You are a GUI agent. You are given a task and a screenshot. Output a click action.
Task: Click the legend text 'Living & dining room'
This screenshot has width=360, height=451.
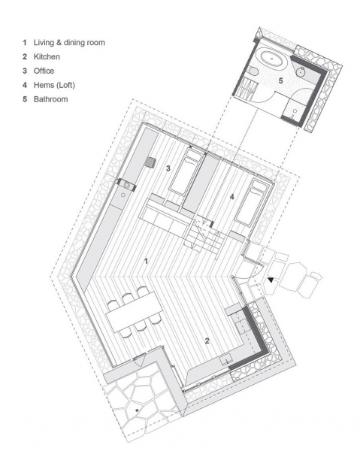69,43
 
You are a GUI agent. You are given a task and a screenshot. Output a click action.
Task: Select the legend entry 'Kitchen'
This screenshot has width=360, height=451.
47,56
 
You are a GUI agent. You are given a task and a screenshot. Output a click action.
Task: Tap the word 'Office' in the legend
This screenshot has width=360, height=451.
44,71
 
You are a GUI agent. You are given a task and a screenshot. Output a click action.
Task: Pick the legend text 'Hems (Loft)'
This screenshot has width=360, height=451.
54,85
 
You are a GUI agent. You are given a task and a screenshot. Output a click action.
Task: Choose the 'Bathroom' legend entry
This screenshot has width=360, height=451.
50,99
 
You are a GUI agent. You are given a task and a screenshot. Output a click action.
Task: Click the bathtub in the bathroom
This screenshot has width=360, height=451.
271,59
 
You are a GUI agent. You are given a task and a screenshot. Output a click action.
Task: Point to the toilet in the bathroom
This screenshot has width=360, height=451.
253,71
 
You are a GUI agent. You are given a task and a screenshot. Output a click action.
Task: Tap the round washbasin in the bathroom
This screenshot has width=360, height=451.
301,71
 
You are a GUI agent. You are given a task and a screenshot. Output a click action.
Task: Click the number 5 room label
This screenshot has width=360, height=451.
280,80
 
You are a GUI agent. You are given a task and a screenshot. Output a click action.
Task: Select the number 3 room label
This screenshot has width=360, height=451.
168,168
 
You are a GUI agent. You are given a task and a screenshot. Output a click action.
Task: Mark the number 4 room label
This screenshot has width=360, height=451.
232,197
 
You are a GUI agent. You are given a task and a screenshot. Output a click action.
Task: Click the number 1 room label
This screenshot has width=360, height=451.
146,261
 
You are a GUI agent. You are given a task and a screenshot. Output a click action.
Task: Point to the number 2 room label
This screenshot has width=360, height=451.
207,341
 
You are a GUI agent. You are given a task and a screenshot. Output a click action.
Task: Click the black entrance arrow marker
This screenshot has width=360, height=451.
271,280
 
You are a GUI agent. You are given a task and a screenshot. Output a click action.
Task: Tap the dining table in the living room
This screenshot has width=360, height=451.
135,312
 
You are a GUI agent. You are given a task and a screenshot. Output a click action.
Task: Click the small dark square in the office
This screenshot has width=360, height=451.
151,162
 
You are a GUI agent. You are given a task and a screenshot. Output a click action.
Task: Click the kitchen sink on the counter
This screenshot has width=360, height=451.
225,361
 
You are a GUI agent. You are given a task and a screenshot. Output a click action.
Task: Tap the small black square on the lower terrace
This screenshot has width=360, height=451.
137,410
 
